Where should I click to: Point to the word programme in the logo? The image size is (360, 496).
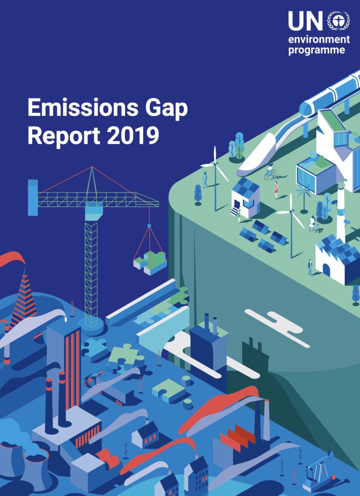pyautogui.click(x=316, y=51)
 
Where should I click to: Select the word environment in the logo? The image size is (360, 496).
pyautogui.click(x=319, y=40)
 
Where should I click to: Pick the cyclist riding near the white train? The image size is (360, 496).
pyautogui.click(x=270, y=172)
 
